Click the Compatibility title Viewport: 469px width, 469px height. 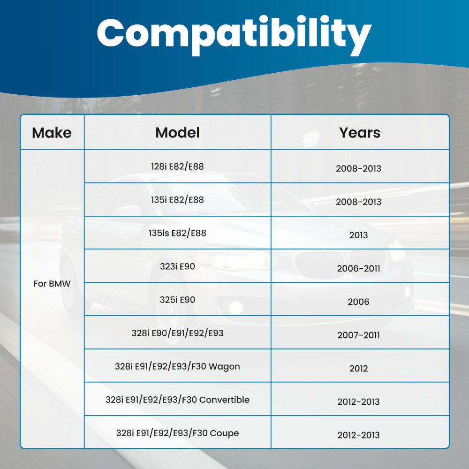234,35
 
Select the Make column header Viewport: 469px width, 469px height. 52,133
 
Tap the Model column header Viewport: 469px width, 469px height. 177,133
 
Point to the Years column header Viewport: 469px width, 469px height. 360,133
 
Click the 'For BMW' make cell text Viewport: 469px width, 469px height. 52,284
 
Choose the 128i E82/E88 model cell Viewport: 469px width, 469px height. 177,166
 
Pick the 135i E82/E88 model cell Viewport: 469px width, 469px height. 177,200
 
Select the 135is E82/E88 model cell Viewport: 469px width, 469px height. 177,233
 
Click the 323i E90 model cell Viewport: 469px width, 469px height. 177,266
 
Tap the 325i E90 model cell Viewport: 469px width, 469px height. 177,300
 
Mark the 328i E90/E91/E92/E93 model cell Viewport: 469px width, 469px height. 177,333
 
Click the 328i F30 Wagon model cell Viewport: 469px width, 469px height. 177,366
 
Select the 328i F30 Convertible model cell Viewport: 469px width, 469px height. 177,400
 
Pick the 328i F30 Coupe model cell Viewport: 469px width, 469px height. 177,433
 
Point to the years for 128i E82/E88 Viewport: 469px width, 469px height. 358,169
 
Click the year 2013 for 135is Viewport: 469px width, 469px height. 358,235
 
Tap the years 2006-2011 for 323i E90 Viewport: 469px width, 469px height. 358,269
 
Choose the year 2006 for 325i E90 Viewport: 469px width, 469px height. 358,302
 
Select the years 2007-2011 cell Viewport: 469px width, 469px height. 358,335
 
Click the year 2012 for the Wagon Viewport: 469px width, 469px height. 358,369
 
